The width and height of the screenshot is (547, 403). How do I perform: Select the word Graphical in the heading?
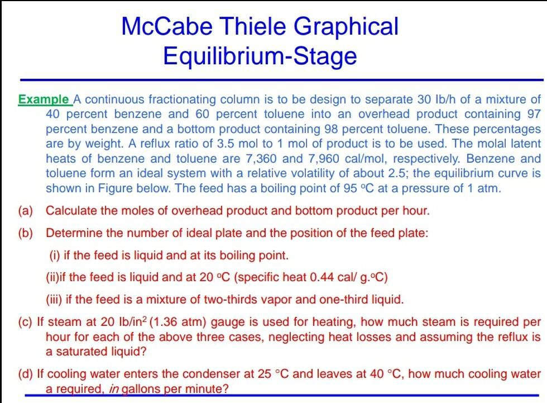click(352, 27)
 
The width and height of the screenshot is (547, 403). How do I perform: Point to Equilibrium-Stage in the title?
click(260, 56)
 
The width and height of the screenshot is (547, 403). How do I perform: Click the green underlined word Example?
click(45, 100)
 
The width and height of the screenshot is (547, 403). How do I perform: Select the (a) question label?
click(25, 211)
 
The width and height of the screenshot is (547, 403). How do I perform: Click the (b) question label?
click(25, 233)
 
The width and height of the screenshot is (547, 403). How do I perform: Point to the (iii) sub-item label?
click(54, 300)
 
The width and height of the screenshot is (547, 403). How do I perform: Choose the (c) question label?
click(26, 322)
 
